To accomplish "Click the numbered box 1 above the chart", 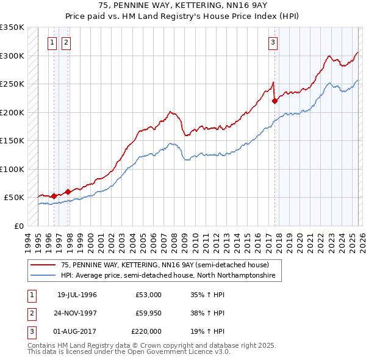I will click(52, 42).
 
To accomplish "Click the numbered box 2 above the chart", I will click(65, 42).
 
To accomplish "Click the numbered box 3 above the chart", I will click(273, 42).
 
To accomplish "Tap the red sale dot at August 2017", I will click(274, 101).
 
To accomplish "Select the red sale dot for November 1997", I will click(68, 192).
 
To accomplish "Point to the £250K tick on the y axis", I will click(12, 84).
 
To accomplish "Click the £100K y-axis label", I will click(12, 169).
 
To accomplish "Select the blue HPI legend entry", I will click(168, 276).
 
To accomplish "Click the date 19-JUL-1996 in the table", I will click(77, 295).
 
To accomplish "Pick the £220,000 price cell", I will click(146, 331).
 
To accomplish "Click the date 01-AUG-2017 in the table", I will click(77, 331).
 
